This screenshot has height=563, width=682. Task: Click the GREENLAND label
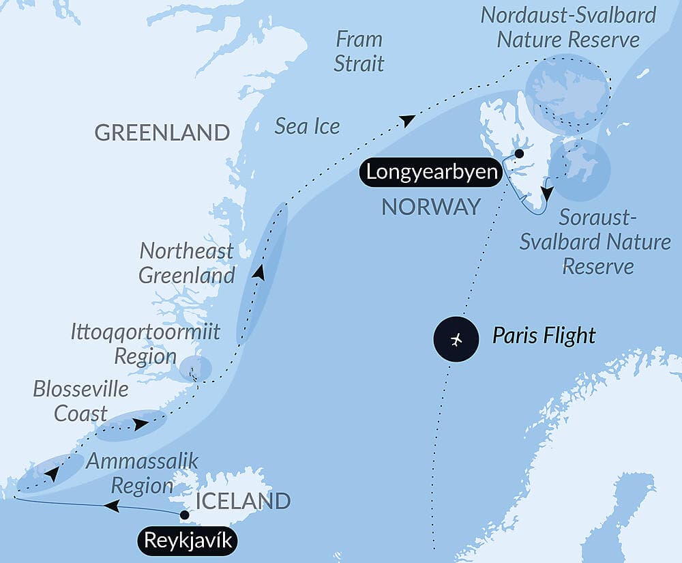click(162, 132)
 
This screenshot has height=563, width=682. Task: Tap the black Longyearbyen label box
click(431, 171)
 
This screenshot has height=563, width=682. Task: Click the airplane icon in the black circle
click(456, 339)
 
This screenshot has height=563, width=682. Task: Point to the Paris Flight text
click(544, 336)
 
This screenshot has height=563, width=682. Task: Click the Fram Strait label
click(360, 51)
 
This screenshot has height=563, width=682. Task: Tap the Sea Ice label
click(307, 126)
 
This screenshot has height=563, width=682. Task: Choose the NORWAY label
click(431, 207)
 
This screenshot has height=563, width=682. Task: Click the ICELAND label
click(243, 501)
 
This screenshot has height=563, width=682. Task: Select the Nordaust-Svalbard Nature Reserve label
click(568, 27)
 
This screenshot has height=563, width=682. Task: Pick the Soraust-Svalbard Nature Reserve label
click(595, 242)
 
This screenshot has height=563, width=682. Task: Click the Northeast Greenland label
click(187, 263)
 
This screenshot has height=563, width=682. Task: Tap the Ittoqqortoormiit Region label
click(145, 344)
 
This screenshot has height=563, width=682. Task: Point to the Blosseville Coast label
click(80, 401)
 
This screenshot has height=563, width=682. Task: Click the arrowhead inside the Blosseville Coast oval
click(140, 424)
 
